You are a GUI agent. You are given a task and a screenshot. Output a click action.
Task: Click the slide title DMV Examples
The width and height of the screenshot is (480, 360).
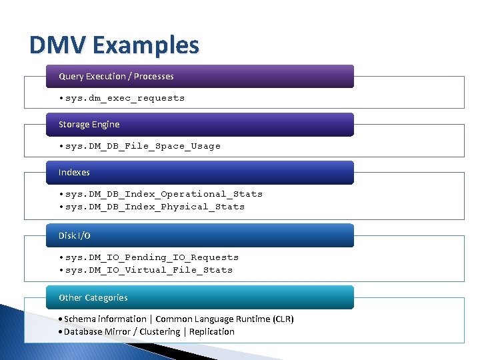114,45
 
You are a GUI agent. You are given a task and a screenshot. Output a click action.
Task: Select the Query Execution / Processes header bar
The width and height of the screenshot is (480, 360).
199,76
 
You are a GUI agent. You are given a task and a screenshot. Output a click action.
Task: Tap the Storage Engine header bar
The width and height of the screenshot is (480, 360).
199,124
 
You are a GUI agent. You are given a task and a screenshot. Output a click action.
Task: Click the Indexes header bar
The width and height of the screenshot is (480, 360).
199,172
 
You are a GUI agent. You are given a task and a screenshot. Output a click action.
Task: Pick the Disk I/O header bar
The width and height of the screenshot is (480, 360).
199,235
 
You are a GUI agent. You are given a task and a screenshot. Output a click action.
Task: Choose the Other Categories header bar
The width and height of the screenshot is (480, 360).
199,297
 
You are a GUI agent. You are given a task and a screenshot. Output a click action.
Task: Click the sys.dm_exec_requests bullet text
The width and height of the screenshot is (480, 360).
125,98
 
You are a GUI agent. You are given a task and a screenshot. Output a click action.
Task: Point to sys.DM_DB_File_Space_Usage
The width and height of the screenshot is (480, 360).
143,146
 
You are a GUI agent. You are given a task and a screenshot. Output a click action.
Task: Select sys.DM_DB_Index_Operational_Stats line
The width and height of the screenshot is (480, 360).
164,194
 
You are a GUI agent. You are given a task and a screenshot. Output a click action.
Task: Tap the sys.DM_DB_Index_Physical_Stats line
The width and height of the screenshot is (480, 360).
155,207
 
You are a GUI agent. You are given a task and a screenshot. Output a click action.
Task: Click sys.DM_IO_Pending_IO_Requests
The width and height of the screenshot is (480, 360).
152,257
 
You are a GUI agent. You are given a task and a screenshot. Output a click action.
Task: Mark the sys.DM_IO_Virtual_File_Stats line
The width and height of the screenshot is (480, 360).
149,270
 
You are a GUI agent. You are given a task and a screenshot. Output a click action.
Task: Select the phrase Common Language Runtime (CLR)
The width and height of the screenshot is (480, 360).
225,319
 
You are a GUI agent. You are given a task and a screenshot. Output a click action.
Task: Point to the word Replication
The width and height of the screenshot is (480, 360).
212,332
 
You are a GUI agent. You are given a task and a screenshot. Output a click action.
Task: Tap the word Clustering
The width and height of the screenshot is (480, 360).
159,332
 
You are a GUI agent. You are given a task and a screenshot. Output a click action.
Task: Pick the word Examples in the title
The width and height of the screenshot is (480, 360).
146,45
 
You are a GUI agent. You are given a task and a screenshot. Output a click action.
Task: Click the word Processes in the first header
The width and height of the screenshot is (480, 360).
154,76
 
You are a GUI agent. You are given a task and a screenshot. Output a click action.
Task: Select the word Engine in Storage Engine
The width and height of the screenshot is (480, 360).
106,125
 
